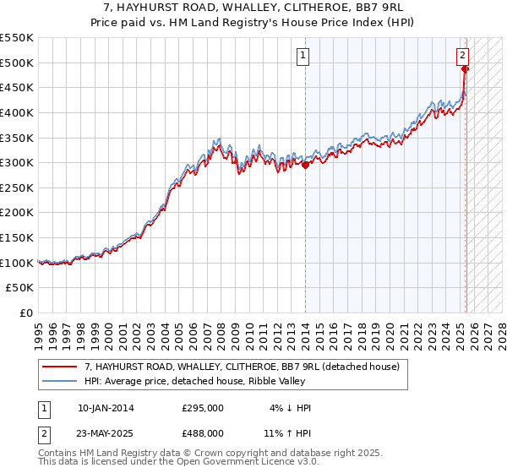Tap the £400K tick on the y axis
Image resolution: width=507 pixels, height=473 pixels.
point(17,112)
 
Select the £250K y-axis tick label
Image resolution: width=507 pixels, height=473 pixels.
point(17,188)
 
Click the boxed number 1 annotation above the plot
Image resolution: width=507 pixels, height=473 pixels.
point(303,57)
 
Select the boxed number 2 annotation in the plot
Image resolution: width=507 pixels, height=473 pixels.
point(463,57)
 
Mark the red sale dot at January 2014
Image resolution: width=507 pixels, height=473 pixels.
point(305,166)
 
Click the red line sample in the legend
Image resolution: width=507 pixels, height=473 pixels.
point(60,367)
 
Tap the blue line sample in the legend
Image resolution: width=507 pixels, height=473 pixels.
point(60,381)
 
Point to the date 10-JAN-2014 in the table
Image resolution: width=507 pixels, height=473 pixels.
point(106,408)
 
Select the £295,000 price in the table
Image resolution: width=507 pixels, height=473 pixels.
point(203,408)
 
